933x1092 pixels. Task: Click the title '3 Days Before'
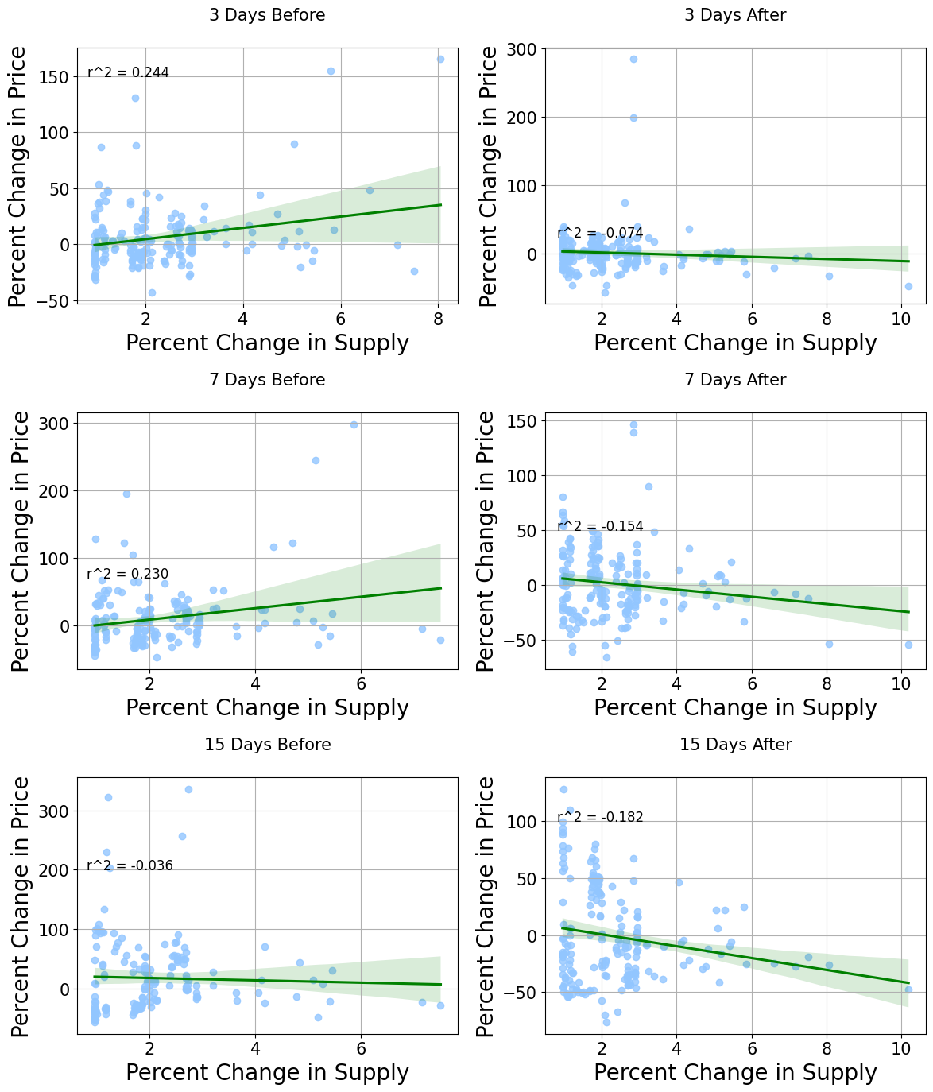(x=267, y=15)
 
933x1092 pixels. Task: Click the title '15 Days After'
(x=735, y=745)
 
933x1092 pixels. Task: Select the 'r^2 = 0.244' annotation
(x=128, y=73)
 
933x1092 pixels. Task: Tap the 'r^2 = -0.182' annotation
(x=600, y=817)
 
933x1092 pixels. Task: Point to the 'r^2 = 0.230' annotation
(x=127, y=575)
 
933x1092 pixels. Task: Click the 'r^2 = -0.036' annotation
(x=130, y=865)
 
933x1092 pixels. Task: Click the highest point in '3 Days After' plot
(x=633, y=59)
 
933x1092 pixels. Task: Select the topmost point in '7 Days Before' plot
(x=354, y=424)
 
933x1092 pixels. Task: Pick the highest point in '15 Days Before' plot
(x=188, y=789)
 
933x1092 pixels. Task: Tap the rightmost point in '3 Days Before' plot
(x=440, y=59)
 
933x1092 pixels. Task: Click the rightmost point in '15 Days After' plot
(x=908, y=989)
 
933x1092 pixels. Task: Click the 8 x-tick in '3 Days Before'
(x=438, y=317)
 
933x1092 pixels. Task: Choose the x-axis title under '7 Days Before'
(x=267, y=707)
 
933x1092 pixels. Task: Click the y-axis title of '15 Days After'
(x=487, y=906)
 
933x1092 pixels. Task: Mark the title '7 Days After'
(x=735, y=380)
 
